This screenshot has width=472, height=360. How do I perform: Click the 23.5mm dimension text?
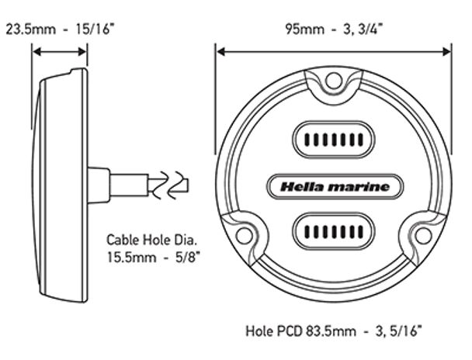pyautogui.click(x=31, y=29)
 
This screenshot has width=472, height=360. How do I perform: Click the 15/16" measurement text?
pyautogui.click(x=95, y=29)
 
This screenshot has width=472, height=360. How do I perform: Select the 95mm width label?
pyautogui.click(x=304, y=29)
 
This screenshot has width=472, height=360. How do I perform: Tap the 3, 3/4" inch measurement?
pyautogui.click(x=363, y=29)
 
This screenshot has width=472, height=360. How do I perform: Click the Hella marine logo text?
pyautogui.click(x=335, y=187)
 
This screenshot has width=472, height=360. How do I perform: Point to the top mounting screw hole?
pyautogui.click(x=334, y=80)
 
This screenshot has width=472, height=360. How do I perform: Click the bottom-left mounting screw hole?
pyautogui.click(x=244, y=236)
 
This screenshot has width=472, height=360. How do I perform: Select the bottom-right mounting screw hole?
pyautogui.click(x=423, y=236)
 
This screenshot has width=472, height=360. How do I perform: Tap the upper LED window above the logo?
pyautogui.click(x=334, y=140)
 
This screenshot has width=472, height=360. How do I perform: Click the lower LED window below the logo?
pyautogui.click(x=334, y=231)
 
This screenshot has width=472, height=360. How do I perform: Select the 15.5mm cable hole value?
pyautogui.click(x=131, y=258)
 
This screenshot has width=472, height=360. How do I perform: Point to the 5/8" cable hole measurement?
pyautogui.click(x=188, y=258)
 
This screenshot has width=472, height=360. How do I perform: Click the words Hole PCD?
pyautogui.click(x=274, y=331)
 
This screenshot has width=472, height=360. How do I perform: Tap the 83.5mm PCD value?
pyautogui.click(x=331, y=331)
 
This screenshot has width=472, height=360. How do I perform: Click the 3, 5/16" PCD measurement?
pyautogui.click(x=399, y=331)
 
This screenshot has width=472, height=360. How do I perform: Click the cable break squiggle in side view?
pyautogui.click(x=168, y=185)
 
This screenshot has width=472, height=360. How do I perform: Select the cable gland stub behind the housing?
pyautogui.click(x=99, y=185)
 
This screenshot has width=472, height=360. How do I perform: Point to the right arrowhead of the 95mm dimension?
pyautogui.click(x=446, y=52)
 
